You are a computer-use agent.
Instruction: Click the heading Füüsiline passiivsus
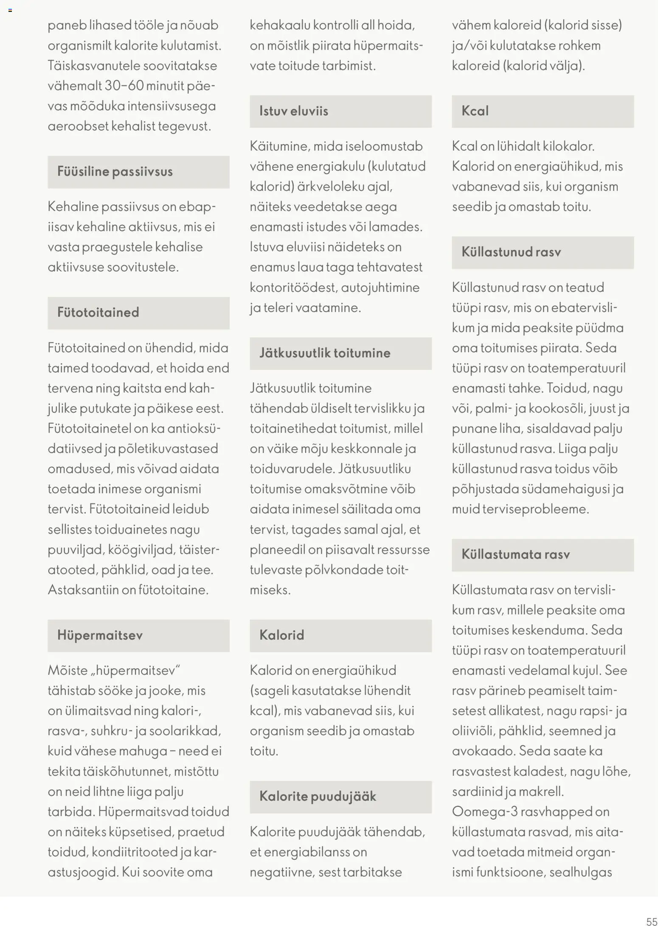pyautogui.click(x=115, y=172)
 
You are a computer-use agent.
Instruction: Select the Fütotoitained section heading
pyautogui.click(x=98, y=313)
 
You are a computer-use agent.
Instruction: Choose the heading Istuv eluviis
pyautogui.click(x=294, y=111)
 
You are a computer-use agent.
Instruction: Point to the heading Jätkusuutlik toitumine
pyautogui.click(x=325, y=353)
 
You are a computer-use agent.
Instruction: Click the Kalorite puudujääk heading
pyautogui.click(x=318, y=797)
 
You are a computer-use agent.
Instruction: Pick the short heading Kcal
pyautogui.click(x=475, y=111)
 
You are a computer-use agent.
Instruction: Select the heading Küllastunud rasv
pyautogui.click(x=511, y=252)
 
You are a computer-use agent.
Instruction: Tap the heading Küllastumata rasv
pyautogui.click(x=515, y=555)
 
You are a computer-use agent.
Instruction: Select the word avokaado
pyautogui.click(x=483, y=751)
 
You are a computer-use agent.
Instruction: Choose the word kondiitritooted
pyautogui.click(x=135, y=852)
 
